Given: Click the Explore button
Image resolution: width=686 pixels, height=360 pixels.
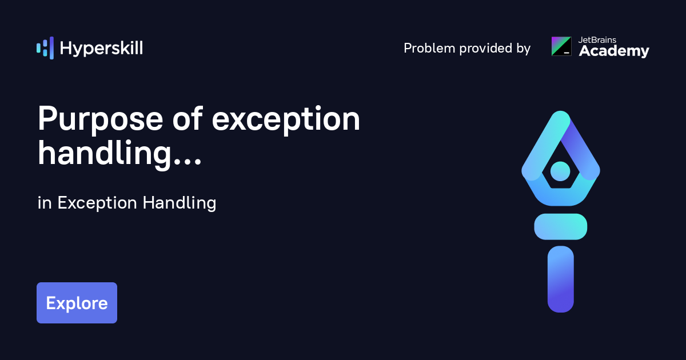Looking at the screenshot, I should click(77, 303).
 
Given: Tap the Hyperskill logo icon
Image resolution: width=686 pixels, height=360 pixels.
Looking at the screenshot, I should click(45, 48).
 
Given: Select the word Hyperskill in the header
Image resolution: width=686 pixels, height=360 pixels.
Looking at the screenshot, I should click(101, 49).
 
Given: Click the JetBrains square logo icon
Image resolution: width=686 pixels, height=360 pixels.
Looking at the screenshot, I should click(561, 46).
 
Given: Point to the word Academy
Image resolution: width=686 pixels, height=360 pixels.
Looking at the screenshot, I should click(614, 51).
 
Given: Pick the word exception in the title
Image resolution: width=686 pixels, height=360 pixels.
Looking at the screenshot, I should click(286, 120).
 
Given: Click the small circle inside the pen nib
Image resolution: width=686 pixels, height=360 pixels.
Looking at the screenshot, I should click(560, 170).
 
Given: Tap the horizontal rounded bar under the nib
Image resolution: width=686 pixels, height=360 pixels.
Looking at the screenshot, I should click(560, 226).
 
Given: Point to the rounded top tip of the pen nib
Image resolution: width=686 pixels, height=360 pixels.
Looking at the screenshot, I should click(560, 117).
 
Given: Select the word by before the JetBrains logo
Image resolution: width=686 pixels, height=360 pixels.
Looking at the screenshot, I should click(523, 49).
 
